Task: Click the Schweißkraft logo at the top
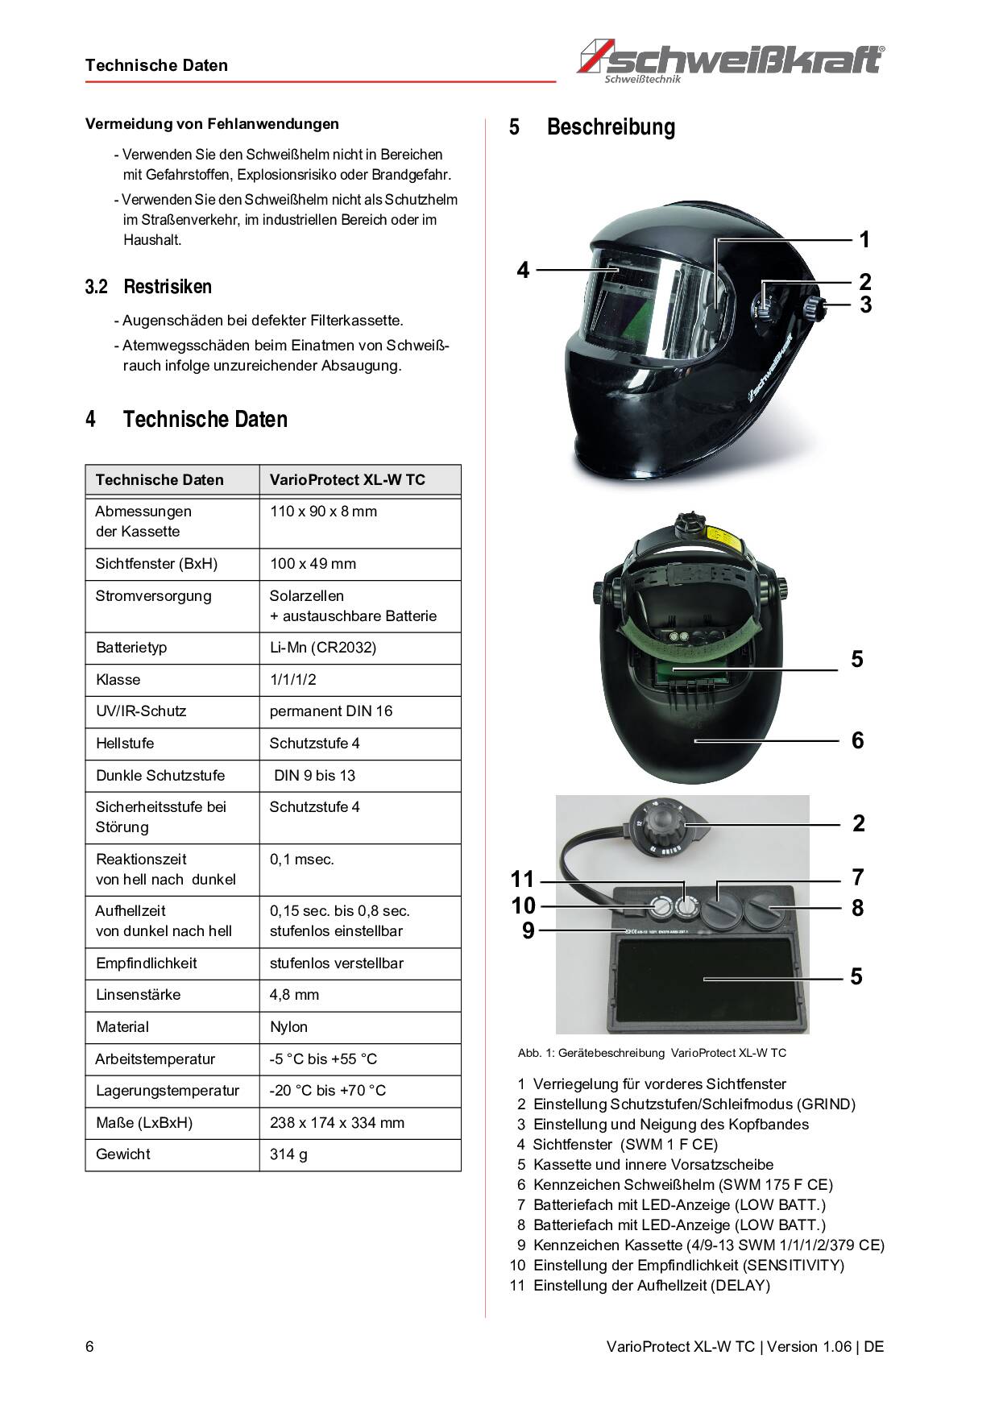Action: click(732, 60)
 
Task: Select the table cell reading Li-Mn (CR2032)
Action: click(322, 648)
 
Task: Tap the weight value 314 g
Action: click(288, 1154)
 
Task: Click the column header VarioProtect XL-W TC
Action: click(347, 480)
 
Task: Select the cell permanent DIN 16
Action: click(330, 711)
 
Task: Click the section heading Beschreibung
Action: click(611, 127)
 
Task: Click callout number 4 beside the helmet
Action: click(523, 270)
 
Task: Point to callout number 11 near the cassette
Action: click(522, 879)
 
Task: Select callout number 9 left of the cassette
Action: click(528, 931)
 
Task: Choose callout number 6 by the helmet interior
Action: click(857, 740)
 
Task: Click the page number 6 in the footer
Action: click(89, 1347)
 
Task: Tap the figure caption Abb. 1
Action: click(652, 1053)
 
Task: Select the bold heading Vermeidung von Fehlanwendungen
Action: click(212, 124)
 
